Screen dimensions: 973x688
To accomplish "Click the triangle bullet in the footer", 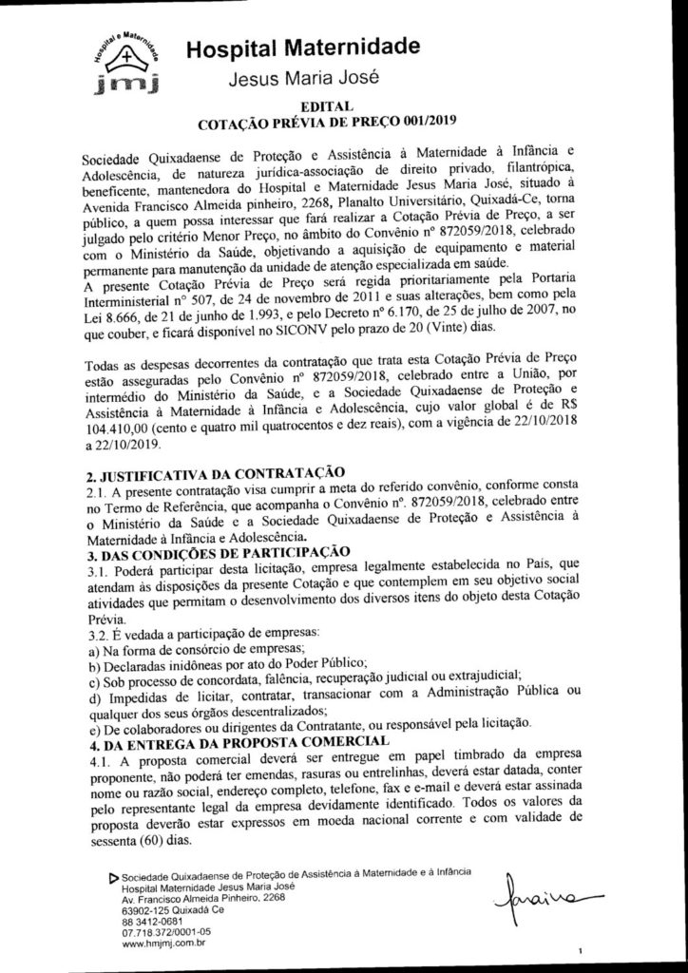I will point(115,875).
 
